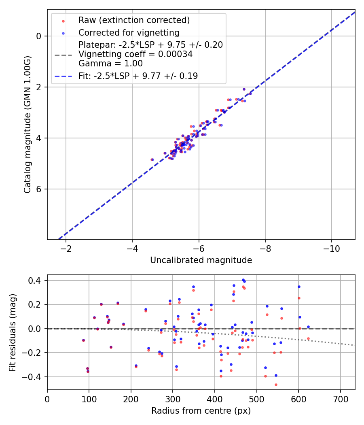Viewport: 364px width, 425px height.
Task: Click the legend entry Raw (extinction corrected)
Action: (x=134, y=20)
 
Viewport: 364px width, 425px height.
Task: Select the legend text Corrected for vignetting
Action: (x=129, y=32)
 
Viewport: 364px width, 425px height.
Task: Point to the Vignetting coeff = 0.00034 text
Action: (x=135, y=54)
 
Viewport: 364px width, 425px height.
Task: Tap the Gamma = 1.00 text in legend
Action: (x=110, y=63)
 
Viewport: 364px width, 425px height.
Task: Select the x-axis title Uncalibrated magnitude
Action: (x=201, y=260)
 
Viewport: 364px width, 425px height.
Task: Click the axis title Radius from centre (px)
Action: (x=201, y=411)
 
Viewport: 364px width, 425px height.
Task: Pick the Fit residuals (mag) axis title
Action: (x=13, y=332)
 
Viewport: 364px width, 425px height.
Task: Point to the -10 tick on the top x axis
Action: (x=331, y=247)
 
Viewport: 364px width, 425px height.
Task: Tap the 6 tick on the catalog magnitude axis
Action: (x=39, y=189)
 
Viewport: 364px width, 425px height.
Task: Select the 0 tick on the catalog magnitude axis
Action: (x=39, y=36)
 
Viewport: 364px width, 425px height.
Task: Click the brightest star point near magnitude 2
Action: (x=244, y=89)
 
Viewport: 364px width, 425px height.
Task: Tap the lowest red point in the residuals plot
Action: (x=276, y=385)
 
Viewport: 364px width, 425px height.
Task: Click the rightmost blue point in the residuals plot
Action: (x=308, y=327)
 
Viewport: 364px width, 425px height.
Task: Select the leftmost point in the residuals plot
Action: (x=83, y=340)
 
